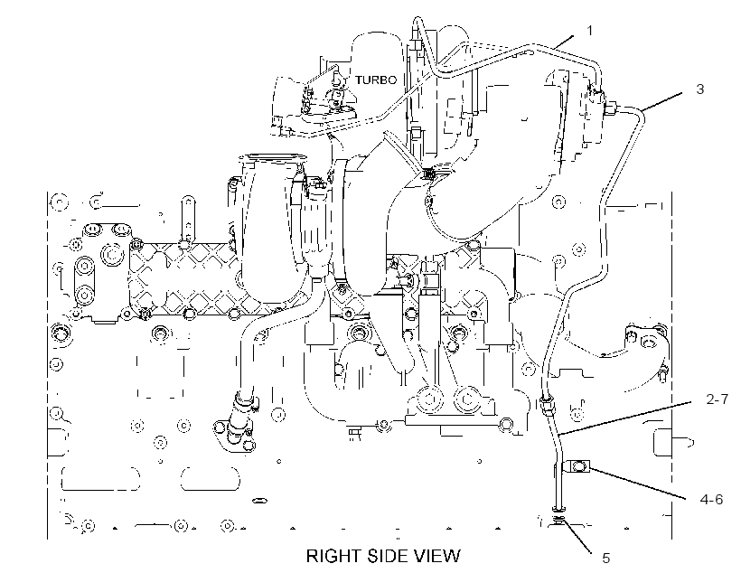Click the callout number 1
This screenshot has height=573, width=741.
click(x=589, y=31)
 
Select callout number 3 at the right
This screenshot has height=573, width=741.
click(x=700, y=89)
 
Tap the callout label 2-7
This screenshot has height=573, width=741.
click(x=718, y=399)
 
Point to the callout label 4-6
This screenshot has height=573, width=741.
click(x=712, y=499)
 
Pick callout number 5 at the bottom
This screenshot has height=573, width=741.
click(x=605, y=559)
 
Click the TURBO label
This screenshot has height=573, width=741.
click(x=376, y=80)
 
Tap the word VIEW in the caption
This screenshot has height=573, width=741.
click(x=437, y=556)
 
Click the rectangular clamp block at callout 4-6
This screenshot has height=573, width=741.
click(x=579, y=468)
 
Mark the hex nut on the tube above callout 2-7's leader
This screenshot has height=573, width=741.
click(x=548, y=406)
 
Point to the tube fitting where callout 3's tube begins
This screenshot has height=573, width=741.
click(x=611, y=108)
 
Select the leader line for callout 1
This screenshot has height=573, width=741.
click(x=563, y=42)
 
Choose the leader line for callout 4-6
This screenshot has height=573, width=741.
click(x=638, y=483)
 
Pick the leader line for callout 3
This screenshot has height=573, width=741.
click(x=662, y=101)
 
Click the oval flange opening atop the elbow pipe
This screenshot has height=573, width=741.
click(x=273, y=157)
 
